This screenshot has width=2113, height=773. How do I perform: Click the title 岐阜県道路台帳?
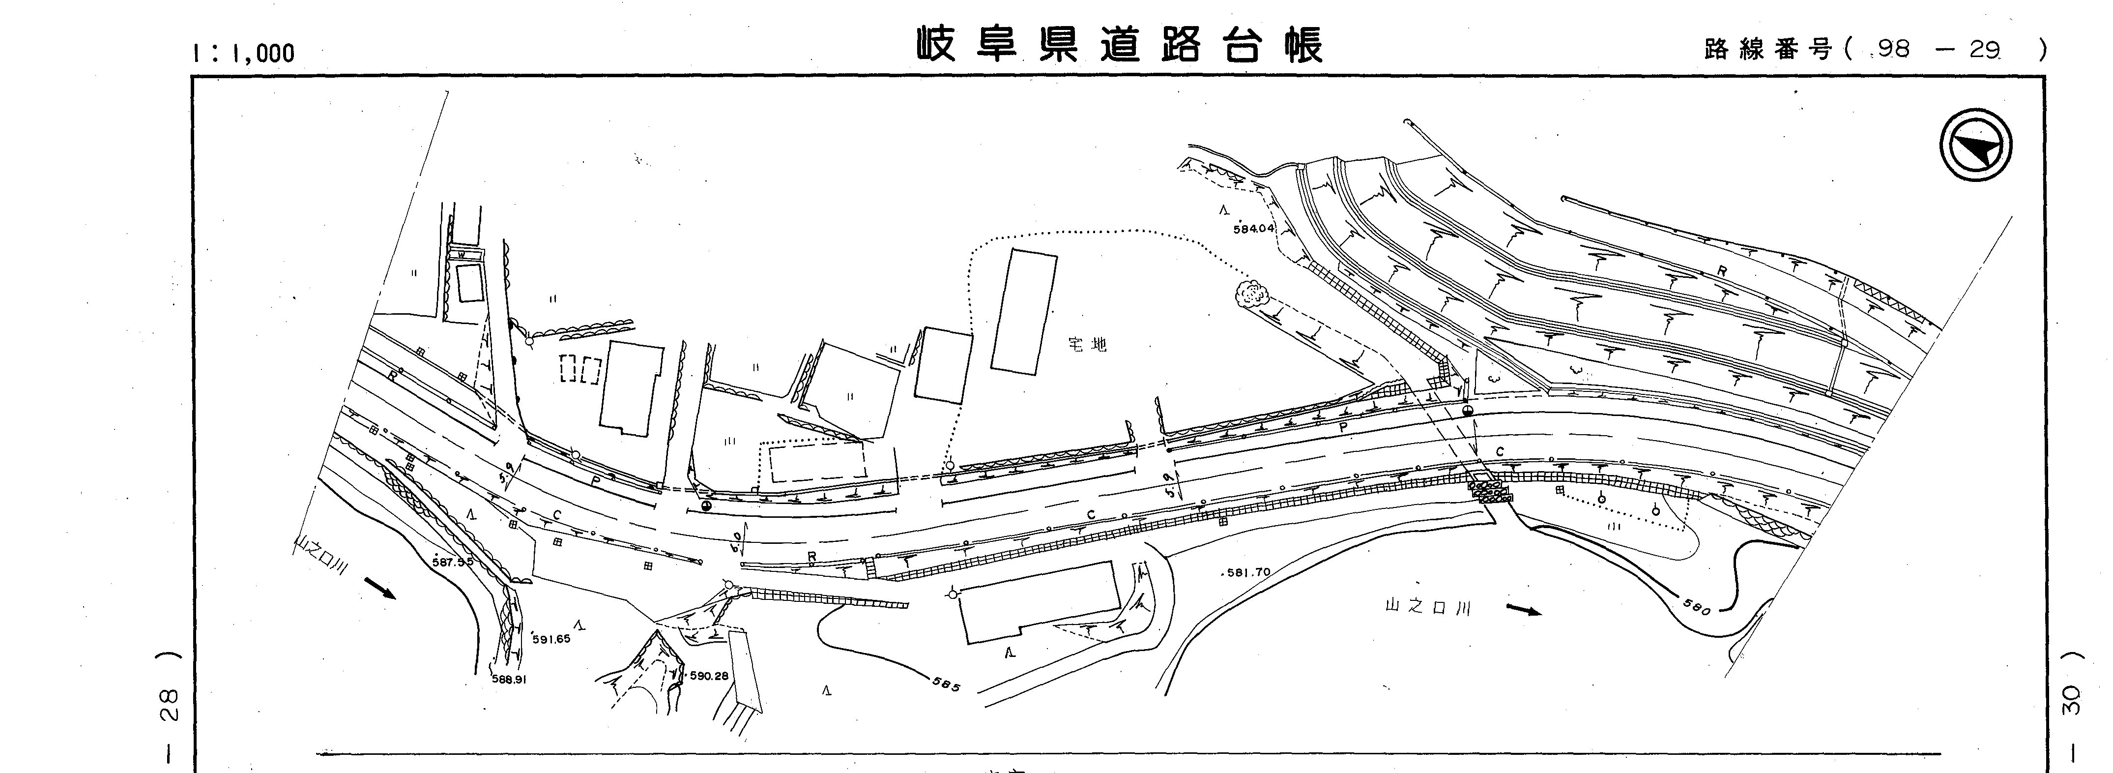pos(1120,45)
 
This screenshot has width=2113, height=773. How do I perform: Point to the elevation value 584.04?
pos(1253,229)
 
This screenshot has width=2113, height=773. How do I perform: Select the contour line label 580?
pos(1698,607)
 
